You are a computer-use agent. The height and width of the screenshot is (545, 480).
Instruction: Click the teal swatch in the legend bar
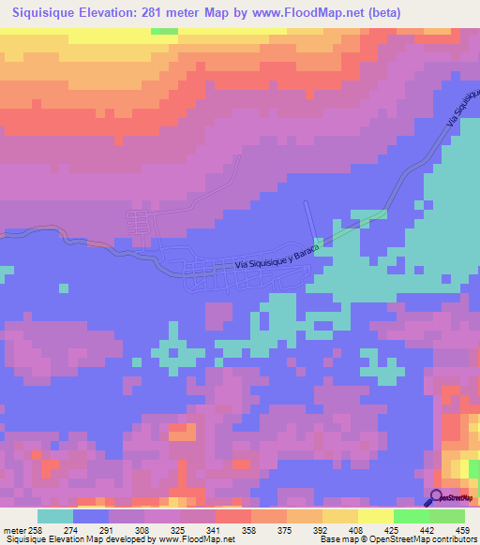coord(55,516)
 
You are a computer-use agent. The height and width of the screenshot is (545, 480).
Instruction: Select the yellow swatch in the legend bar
coord(376,516)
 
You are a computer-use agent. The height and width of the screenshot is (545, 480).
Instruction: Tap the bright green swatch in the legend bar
coord(412,516)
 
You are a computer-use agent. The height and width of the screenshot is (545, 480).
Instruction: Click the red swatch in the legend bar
coord(233,516)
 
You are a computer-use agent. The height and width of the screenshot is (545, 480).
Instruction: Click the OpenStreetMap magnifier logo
coord(436,497)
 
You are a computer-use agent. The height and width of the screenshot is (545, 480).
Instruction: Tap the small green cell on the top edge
coord(164,31)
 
